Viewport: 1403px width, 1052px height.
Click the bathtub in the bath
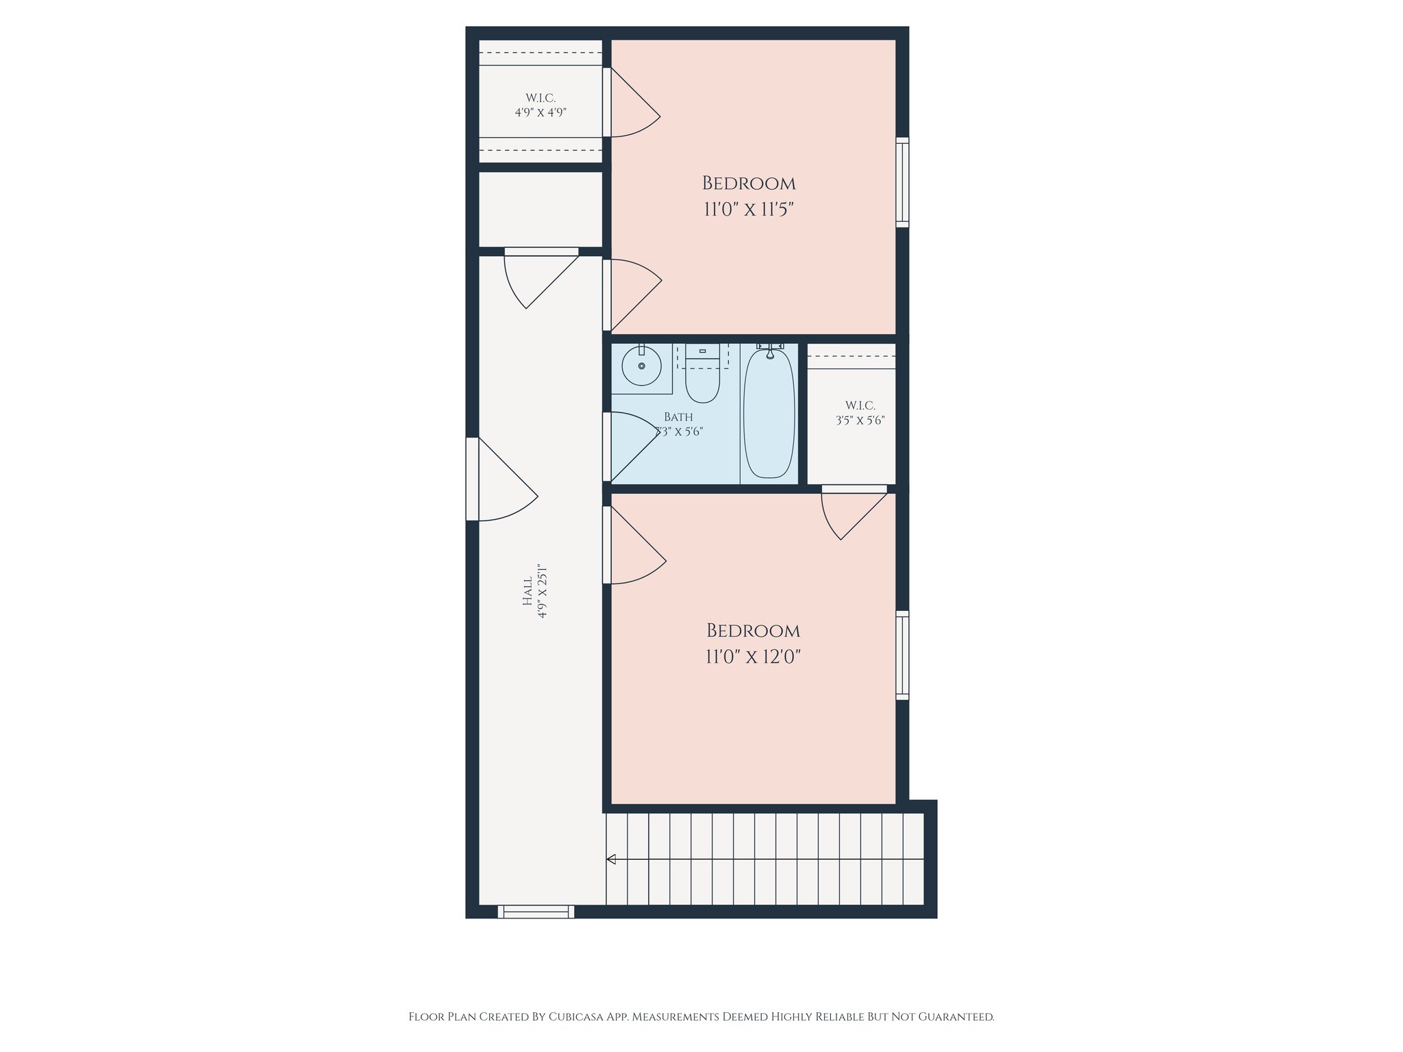click(x=769, y=414)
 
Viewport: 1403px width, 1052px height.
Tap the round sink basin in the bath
click(x=642, y=366)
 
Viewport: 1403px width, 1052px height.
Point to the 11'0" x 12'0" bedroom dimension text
click(x=753, y=657)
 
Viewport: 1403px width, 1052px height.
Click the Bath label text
click(x=678, y=417)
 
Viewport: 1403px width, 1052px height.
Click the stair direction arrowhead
click(x=611, y=859)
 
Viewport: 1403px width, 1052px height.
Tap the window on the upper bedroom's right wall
click(x=903, y=182)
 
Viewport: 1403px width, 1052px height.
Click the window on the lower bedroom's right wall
click(x=903, y=655)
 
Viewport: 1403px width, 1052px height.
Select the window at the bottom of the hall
click(x=536, y=912)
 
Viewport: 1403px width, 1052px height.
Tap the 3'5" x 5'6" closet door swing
click(x=854, y=512)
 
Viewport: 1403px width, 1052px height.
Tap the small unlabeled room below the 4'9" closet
click(x=541, y=209)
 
